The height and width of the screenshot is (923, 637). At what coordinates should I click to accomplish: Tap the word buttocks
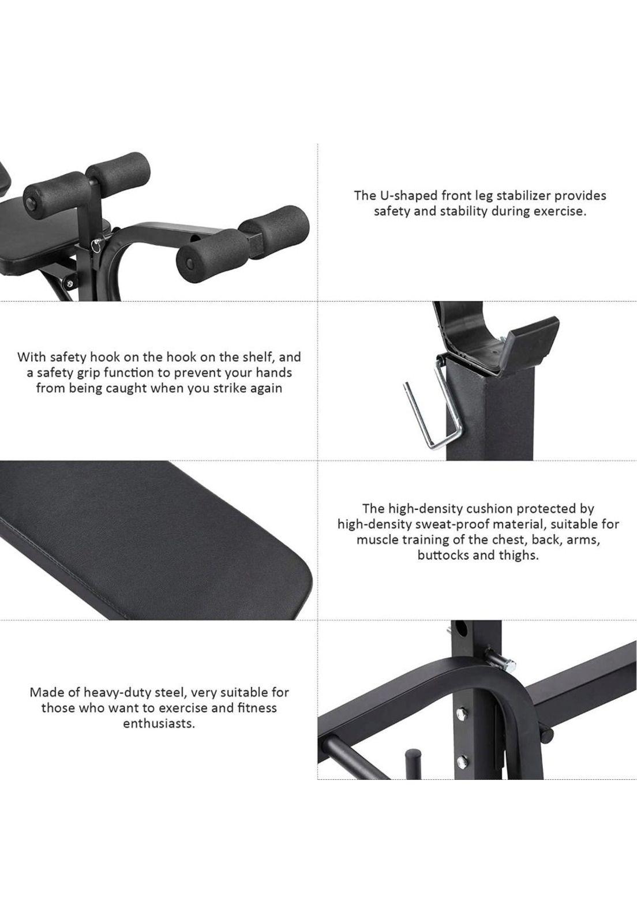click(x=444, y=556)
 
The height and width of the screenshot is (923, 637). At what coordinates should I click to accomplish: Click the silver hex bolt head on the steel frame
click(x=509, y=664)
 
